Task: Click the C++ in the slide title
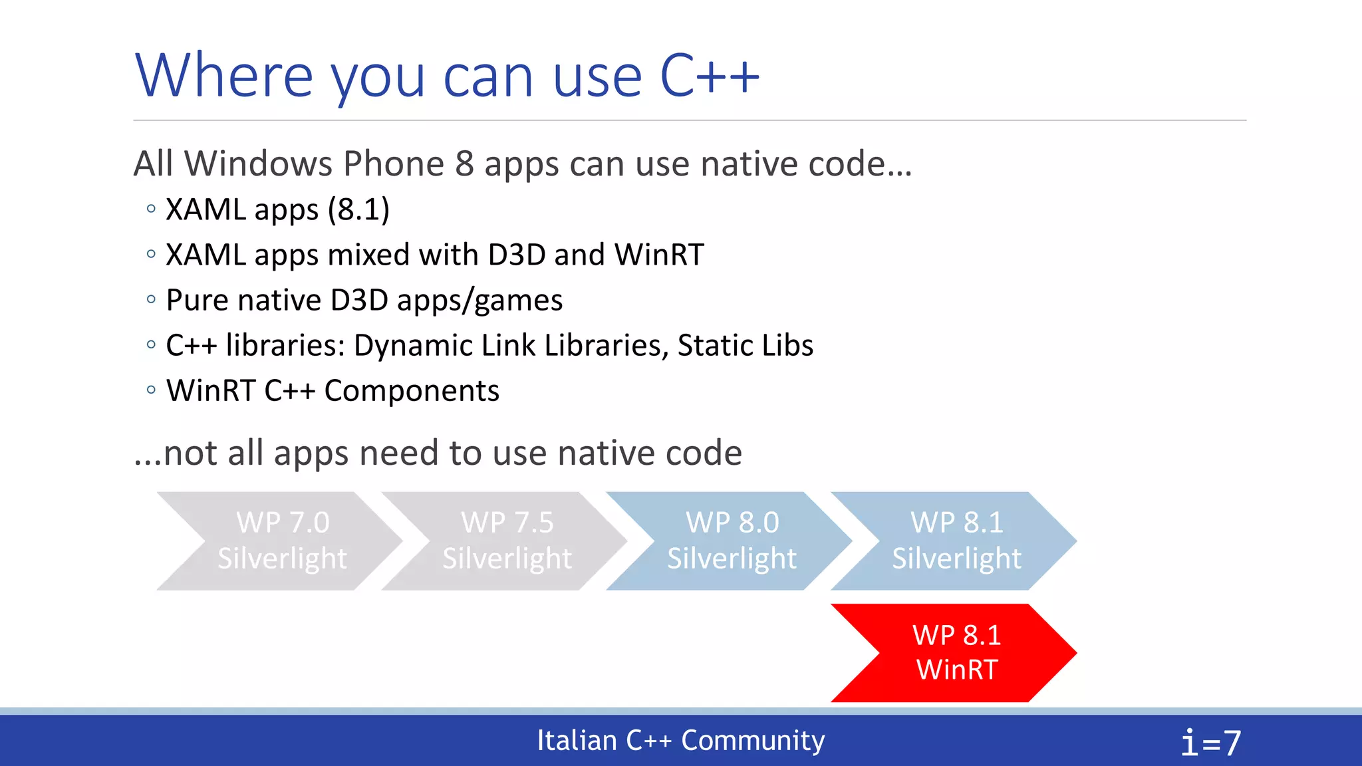(x=709, y=76)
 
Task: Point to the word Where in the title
(x=223, y=76)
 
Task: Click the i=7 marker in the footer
(x=1210, y=742)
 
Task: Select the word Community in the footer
(x=753, y=740)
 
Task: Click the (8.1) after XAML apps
(x=358, y=209)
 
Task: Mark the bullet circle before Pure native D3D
(x=151, y=300)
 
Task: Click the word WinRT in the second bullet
(x=658, y=255)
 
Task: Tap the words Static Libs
(x=745, y=345)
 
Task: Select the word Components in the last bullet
(x=412, y=390)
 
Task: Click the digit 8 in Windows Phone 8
(x=464, y=164)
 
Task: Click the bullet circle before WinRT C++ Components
(x=151, y=390)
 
